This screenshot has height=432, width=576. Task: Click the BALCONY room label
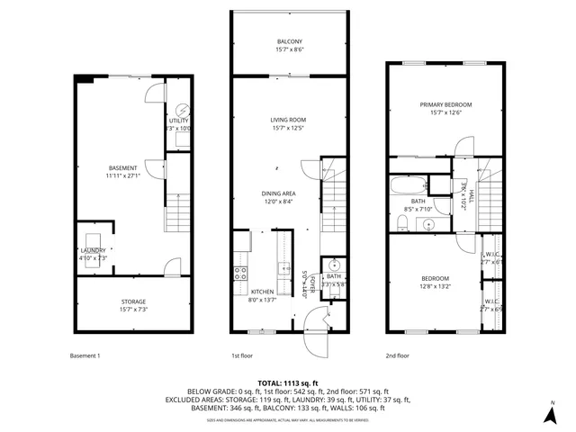pos(290,42)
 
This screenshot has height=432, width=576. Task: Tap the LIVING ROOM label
pos(290,119)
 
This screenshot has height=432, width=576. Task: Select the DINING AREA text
pos(279,193)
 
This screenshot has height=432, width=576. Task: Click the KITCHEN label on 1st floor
pos(262,292)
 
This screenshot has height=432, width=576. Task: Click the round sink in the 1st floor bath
pos(333,265)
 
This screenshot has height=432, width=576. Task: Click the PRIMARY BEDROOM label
pos(445,104)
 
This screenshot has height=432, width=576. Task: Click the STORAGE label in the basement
pos(133,301)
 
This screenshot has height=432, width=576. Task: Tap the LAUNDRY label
pos(94,250)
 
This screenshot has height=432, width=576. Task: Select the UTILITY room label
pos(179,120)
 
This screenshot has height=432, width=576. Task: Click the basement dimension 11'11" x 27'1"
pos(122,176)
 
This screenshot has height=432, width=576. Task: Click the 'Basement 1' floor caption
pos(85,355)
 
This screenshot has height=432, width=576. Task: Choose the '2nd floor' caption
pos(397,355)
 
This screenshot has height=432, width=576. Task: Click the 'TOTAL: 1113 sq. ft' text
pos(288,382)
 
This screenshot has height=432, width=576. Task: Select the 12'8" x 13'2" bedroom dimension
pos(436,287)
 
